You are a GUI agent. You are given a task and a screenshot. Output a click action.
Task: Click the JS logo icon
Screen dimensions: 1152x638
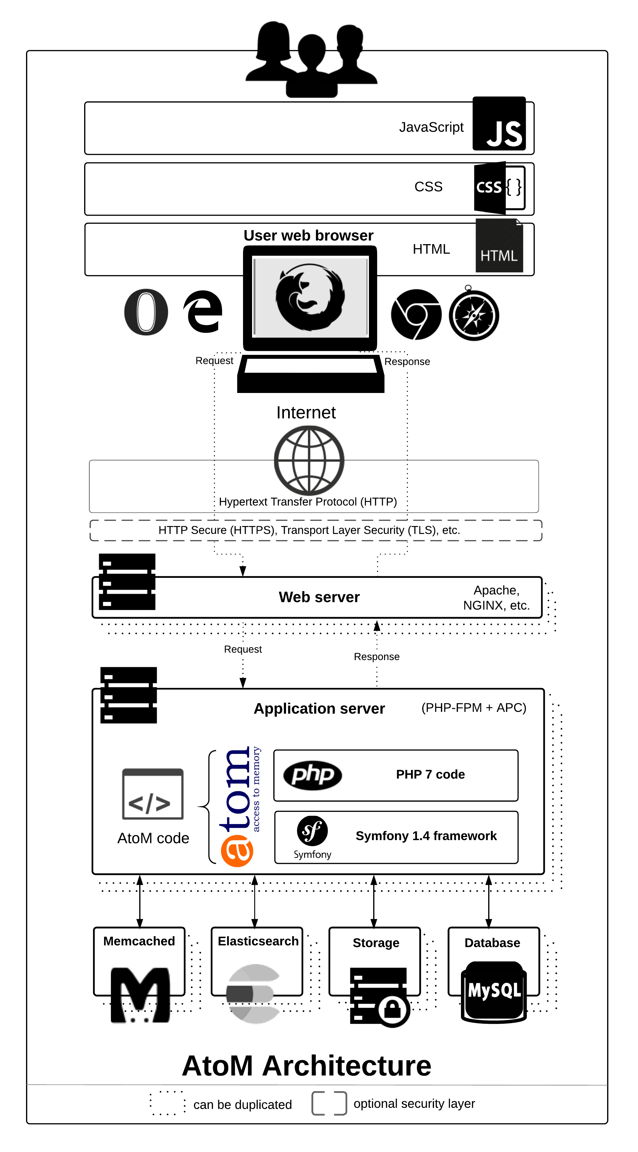[x=499, y=123]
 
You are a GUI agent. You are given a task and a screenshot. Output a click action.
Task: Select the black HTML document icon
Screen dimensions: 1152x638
[x=499, y=246]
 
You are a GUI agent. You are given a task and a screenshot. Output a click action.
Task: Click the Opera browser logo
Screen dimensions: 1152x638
[x=146, y=312]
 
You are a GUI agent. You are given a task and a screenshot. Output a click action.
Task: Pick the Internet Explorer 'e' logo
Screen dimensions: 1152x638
[x=203, y=312]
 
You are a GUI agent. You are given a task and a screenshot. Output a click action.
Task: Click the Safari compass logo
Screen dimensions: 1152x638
[x=474, y=315]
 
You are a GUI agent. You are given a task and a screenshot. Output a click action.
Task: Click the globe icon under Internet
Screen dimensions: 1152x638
[x=309, y=460]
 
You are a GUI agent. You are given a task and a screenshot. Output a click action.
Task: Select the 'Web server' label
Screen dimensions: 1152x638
[x=319, y=597]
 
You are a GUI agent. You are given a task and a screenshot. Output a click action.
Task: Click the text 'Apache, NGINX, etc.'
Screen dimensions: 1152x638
[x=496, y=597]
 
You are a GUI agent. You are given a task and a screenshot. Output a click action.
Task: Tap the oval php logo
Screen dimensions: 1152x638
[x=313, y=775]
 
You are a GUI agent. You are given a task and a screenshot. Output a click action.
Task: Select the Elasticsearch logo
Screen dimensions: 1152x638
[x=253, y=994]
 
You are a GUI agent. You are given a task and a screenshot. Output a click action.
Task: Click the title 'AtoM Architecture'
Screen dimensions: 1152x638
[x=307, y=1066]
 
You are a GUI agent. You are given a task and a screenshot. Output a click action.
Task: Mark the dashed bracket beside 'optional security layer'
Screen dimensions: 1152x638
[x=329, y=1103]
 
